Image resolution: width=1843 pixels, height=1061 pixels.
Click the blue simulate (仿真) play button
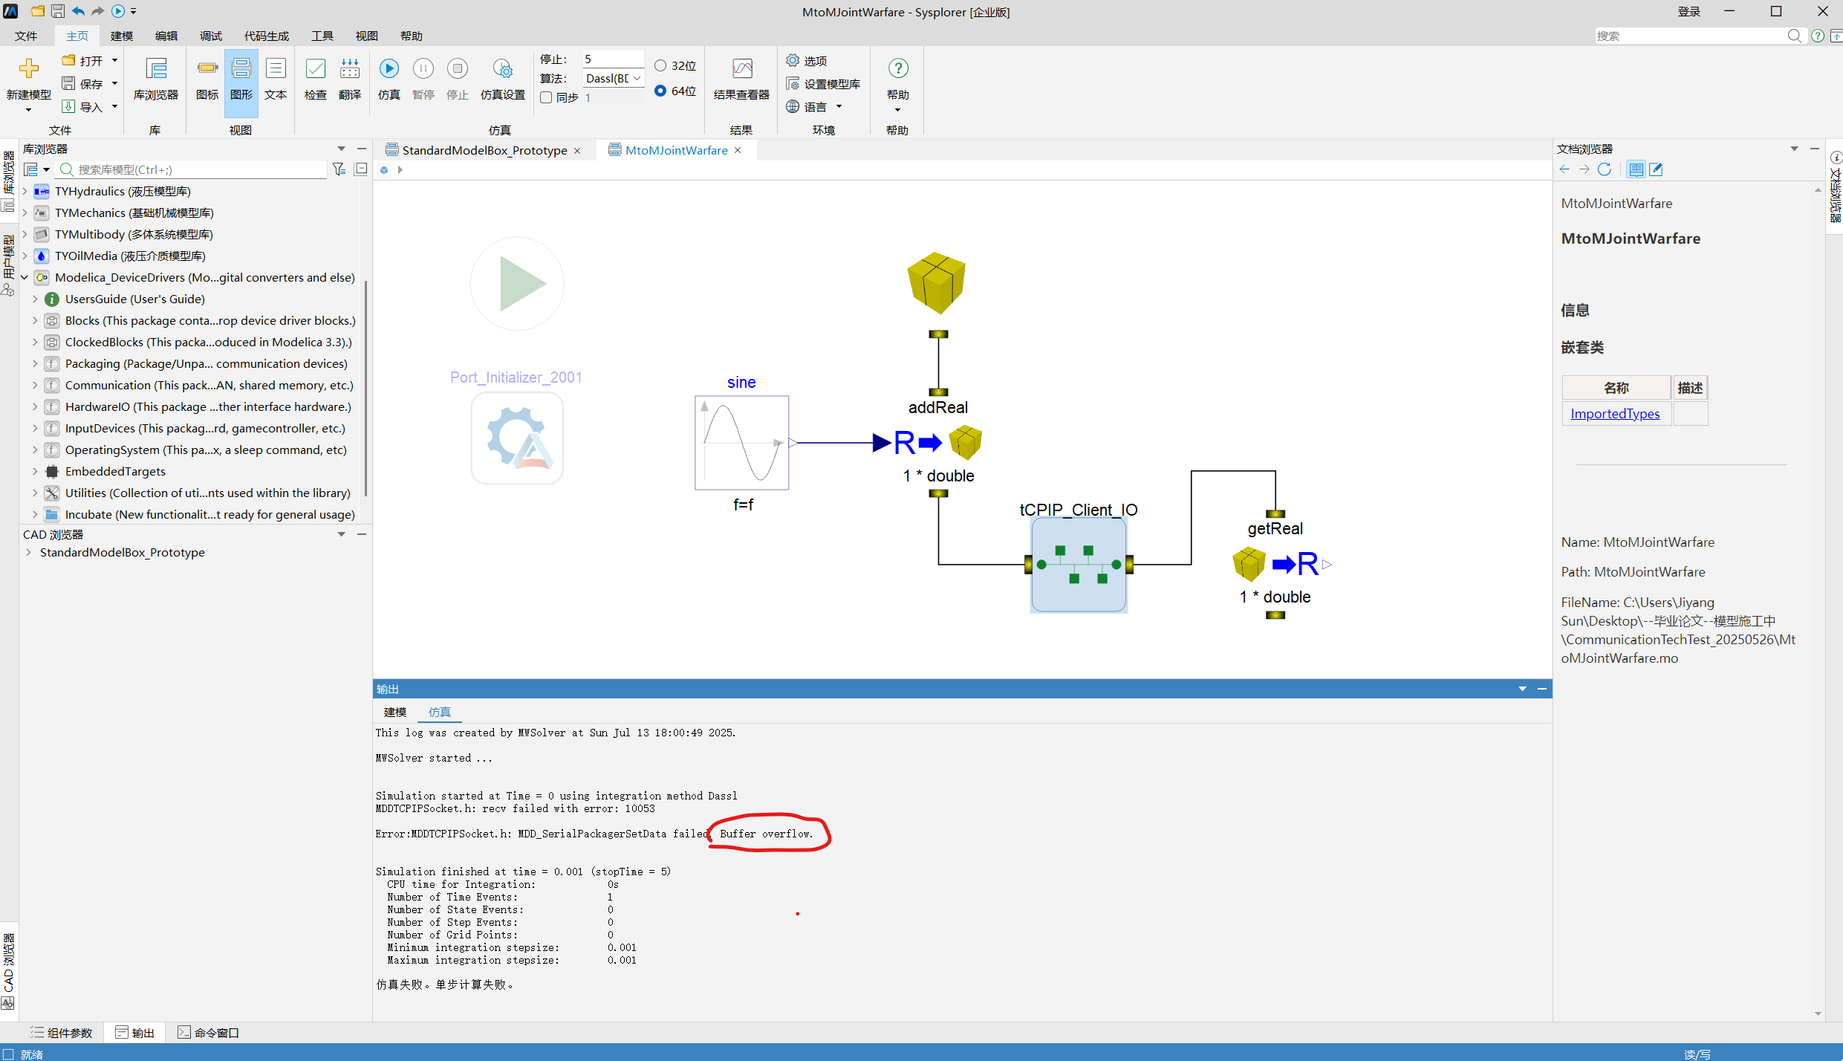[x=389, y=69]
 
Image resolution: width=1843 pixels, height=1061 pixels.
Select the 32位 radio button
[x=660, y=65]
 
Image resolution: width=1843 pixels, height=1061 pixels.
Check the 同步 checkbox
[x=546, y=98]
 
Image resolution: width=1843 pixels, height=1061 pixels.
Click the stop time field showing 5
[x=612, y=59]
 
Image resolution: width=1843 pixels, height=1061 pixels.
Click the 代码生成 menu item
[x=267, y=36]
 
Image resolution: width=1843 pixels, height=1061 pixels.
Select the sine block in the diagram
[x=741, y=443]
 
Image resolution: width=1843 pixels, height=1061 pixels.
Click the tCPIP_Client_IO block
[x=1079, y=565]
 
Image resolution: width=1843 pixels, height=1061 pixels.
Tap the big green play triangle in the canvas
[x=522, y=283]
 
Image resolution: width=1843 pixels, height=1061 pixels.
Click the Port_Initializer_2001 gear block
[x=517, y=438]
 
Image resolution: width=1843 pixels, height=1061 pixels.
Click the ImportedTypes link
[x=1615, y=414]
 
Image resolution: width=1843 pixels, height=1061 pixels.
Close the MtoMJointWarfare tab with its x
[x=738, y=150]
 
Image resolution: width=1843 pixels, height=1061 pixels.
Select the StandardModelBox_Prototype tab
[x=484, y=150]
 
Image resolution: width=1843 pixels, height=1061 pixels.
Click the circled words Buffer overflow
[x=766, y=834]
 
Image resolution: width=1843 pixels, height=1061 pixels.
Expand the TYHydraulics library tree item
[x=25, y=192]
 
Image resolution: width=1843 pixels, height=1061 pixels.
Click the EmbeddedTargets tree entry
[x=115, y=472]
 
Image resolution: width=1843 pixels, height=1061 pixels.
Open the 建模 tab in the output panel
[x=395, y=712]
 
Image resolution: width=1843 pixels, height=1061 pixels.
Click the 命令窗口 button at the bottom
[x=208, y=1033]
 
